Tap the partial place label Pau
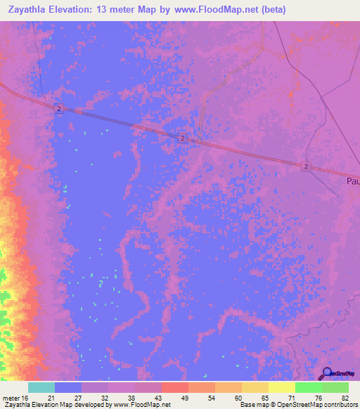[x=353, y=181]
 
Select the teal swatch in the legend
[x=41, y=387]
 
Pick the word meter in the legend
[x=11, y=397]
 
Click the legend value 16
[x=26, y=397]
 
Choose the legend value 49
[x=186, y=397]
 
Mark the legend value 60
[x=240, y=397]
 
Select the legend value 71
[x=293, y=397]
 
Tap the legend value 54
[x=212, y=397]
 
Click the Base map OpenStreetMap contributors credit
[x=298, y=405]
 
